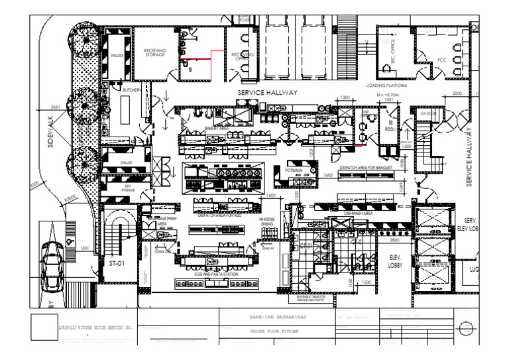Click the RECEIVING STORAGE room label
[158, 52]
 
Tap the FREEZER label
[117, 56]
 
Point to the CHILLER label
[127, 162]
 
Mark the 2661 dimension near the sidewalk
[55, 105]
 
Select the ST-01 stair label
[117, 263]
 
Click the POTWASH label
[294, 170]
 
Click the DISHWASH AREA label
[358, 213]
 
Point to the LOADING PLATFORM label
[386, 86]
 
